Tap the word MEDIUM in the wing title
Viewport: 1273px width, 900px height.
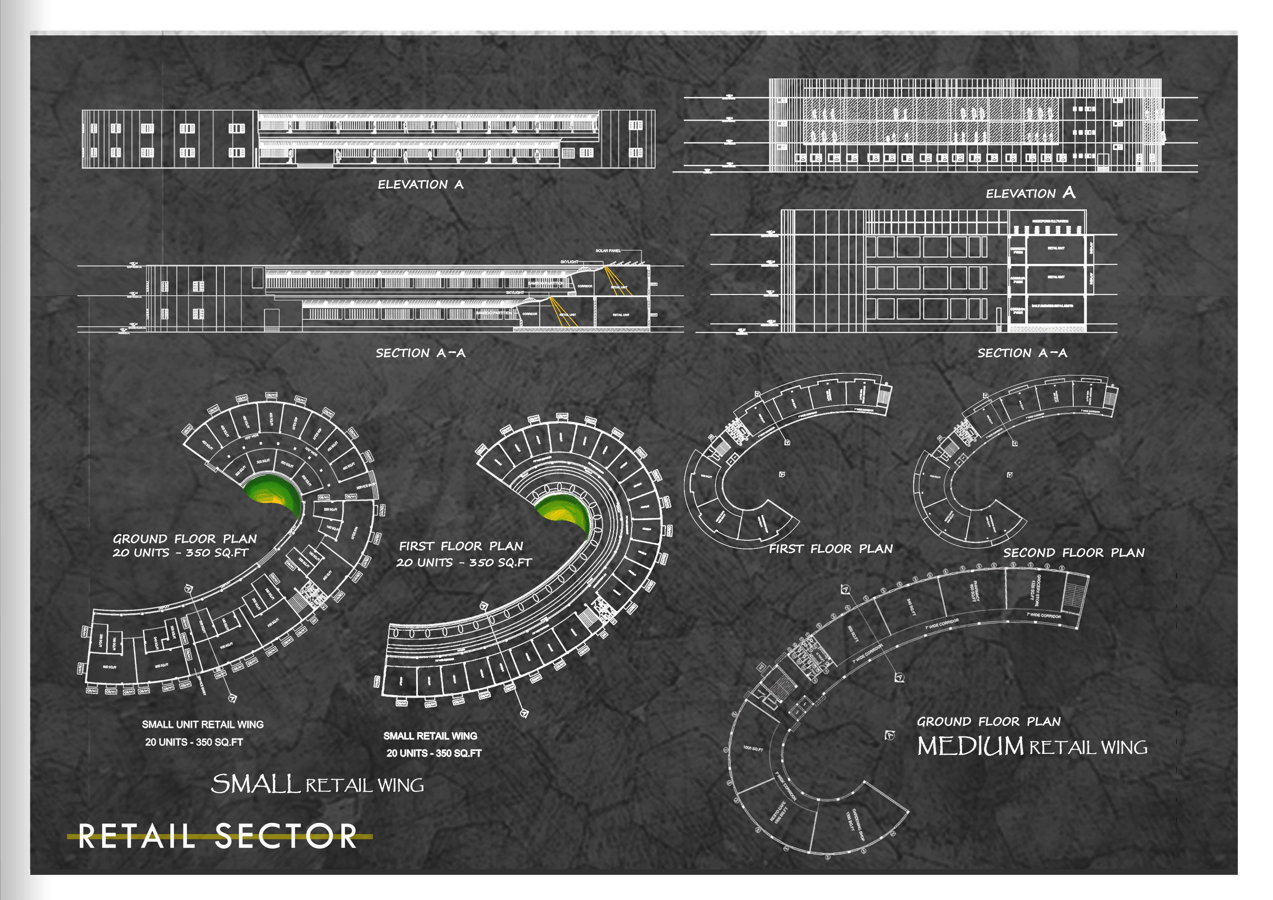[970, 747]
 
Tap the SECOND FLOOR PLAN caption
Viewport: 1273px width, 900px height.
[1073, 553]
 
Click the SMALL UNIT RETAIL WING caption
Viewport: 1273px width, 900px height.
[202, 724]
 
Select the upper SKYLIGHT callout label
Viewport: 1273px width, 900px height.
[569, 262]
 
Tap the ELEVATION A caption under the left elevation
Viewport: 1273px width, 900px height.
[420, 184]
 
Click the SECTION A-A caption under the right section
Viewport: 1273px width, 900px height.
[1022, 353]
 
